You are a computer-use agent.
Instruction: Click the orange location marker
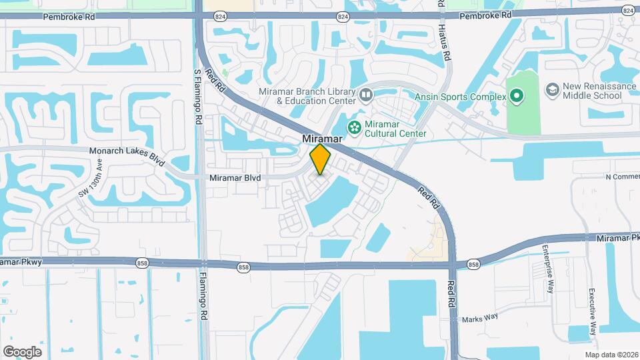[x=321, y=159]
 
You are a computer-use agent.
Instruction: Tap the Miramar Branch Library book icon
[x=365, y=95]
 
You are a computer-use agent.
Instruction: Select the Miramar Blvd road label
[x=235, y=178]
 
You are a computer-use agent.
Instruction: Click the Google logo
[x=22, y=351]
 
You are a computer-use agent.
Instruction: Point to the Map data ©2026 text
[x=611, y=355]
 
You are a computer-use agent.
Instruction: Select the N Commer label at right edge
[x=622, y=177]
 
